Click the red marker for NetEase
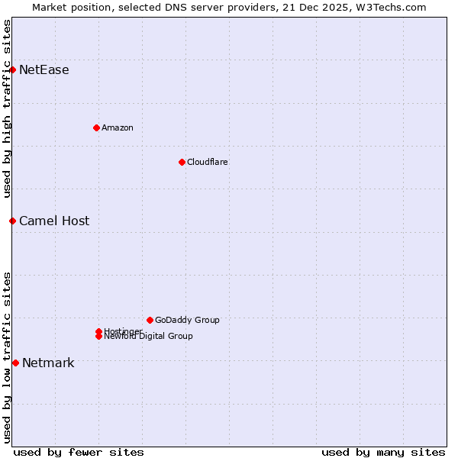pyautogui.click(x=13, y=69)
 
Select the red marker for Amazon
pyautogui.click(x=96, y=127)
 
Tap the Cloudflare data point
pyautogui.click(x=182, y=162)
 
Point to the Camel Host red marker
pyautogui.click(x=13, y=221)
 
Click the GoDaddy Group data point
pyautogui.click(x=150, y=320)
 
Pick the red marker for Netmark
pyautogui.click(x=15, y=363)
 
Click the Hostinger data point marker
pyautogui.click(x=99, y=331)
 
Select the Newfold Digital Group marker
pyautogui.click(x=99, y=337)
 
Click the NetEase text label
pyautogui.click(x=44, y=70)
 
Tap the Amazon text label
pyautogui.click(x=118, y=128)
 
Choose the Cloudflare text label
pyautogui.click(x=208, y=163)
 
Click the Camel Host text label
pyautogui.click(x=54, y=221)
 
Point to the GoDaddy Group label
pyautogui.click(x=187, y=321)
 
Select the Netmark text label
pyautogui.click(x=48, y=363)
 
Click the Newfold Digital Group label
pyautogui.click(x=149, y=337)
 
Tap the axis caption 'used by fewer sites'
pyautogui.click(x=79, y=452)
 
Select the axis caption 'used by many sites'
pyautogui.click(x=383, y=452)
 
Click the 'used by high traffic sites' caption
pyautogui.click(x=8, y=108)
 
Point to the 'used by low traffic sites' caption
pyautogui.click(x=8, y=356)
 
